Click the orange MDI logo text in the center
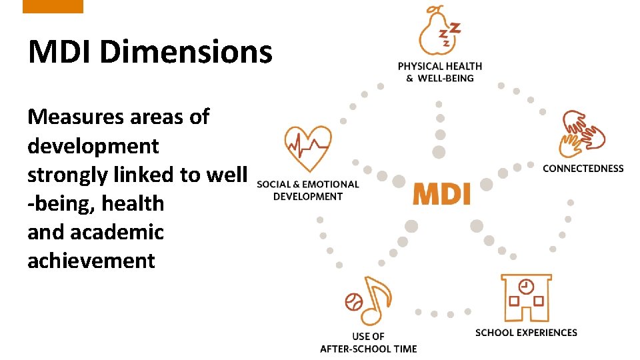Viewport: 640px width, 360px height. click(x=441, y=193)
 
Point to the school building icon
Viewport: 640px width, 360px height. click(x=526, y=297)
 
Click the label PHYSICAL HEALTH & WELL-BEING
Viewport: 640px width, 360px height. click(x=439, y=72)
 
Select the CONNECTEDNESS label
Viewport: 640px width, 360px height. click(x=583, y=169)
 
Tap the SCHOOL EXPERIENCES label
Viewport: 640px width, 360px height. click(x=526, y=332)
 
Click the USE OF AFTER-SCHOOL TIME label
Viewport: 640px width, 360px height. click(x=368, y=343)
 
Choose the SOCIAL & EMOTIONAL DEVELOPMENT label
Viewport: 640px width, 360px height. click(x=307, y=190)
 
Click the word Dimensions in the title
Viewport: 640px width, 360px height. click(x=186, y=51)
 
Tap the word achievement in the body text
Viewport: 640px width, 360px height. click(x=91, y=261)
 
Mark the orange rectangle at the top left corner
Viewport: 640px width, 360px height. click(x=53, y=6)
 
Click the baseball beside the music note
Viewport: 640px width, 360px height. click(x=353, y=302)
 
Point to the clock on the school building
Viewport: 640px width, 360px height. click(x=526, y=286)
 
